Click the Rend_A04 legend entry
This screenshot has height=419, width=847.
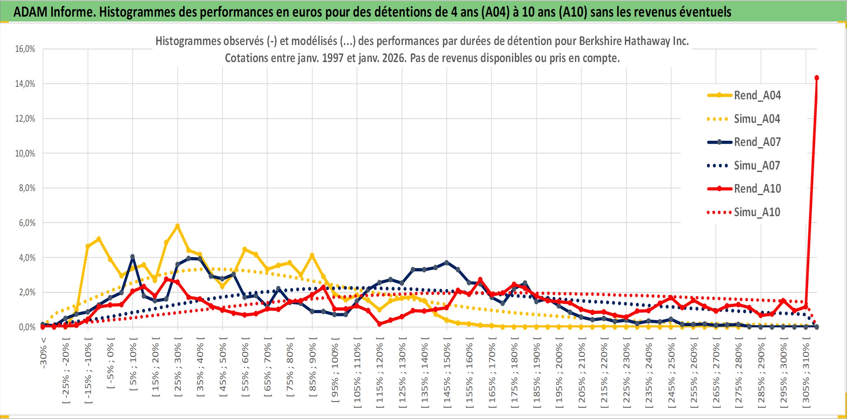(757, 95)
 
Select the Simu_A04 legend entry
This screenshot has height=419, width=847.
(757, 119)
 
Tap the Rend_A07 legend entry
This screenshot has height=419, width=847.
(757, 142)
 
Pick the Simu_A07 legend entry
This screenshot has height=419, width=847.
(757, 165)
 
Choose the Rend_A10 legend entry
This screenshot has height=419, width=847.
(757, 189)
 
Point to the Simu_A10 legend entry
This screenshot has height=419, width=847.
(757, 212)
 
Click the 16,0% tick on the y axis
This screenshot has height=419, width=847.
(25, 49)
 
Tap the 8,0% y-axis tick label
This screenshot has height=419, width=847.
(27, 188)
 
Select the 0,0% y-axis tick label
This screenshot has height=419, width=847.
(27, 327)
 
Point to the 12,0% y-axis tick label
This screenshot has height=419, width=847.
(25, 119)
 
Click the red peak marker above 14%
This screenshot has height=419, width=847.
(817, 78)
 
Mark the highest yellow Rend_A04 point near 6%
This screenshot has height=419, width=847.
(177, 226)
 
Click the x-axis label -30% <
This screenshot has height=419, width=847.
(43, 352)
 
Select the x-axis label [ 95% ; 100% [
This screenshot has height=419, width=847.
(335, 373)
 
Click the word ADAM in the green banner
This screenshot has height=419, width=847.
(30, 12)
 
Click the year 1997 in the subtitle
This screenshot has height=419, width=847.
(333, 58)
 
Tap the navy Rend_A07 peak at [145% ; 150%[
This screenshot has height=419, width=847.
(447, 263)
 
